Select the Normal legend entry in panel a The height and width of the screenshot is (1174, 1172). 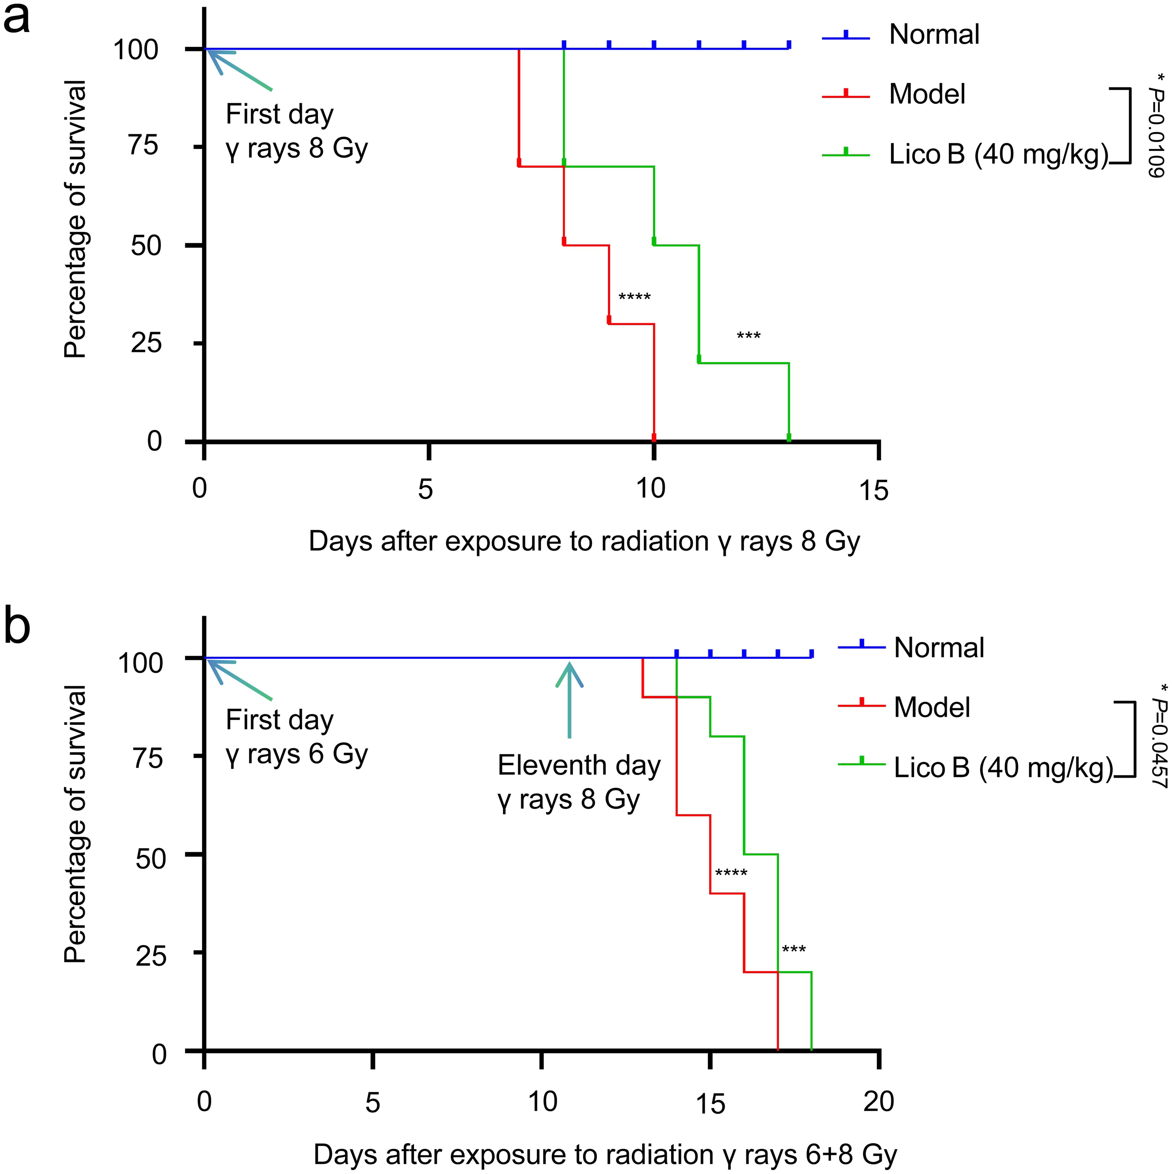pyautogui.click(x=934, y=35)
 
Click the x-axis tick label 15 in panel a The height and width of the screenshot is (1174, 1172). pyautogui.click(x=874, y=490)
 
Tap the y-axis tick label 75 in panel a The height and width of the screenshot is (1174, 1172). pyautogui.click(x=144, y=146)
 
